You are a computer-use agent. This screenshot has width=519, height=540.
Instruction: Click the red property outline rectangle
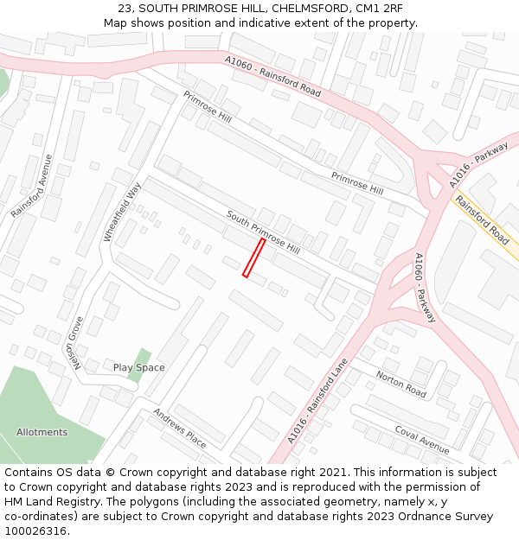[x=253, y=258]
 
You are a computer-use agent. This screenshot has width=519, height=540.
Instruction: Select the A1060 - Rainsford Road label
[x=272, y=77]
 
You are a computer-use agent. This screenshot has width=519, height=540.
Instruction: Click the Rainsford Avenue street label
[x=32, y=186]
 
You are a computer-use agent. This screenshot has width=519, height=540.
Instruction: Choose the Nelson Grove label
[x=77, y=343]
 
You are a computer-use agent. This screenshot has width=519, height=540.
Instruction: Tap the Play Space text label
[x=138, y=367]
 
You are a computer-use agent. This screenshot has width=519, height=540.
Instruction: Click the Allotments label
[x=42, y=432]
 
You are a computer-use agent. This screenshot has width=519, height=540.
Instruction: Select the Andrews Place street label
[x=180, y=428]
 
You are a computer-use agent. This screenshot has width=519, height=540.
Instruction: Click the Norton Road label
[x=401, y=384]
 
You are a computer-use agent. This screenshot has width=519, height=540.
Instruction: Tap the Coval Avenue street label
[x=422, y=439]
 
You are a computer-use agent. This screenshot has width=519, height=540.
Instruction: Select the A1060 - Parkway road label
[x=425, y=288]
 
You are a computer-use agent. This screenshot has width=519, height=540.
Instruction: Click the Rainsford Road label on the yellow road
[x=483, y=221]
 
